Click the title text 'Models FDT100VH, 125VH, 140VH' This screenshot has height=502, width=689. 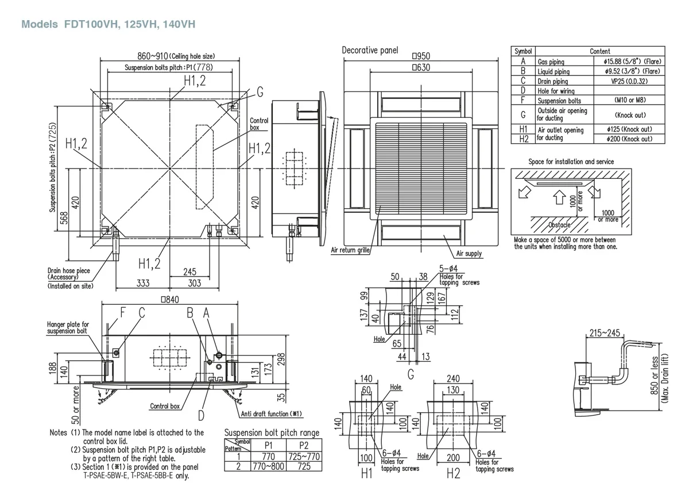tap(108, 25)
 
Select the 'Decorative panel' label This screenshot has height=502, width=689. tap(370, 51)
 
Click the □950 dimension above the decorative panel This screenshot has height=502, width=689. tap(420, 57)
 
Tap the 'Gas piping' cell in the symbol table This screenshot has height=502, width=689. tap(551, 62)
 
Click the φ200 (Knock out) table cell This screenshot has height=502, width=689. tap(629, 139)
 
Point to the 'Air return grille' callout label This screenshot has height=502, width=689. tap(350, 251)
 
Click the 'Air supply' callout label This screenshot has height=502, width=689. tap(469, 254)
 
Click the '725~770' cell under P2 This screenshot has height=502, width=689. tap(304, 456)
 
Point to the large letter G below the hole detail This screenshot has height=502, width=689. tap(411, 374)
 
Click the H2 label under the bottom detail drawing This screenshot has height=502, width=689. tap(453, 474)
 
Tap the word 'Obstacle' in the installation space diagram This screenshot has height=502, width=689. tap(559, 225)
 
